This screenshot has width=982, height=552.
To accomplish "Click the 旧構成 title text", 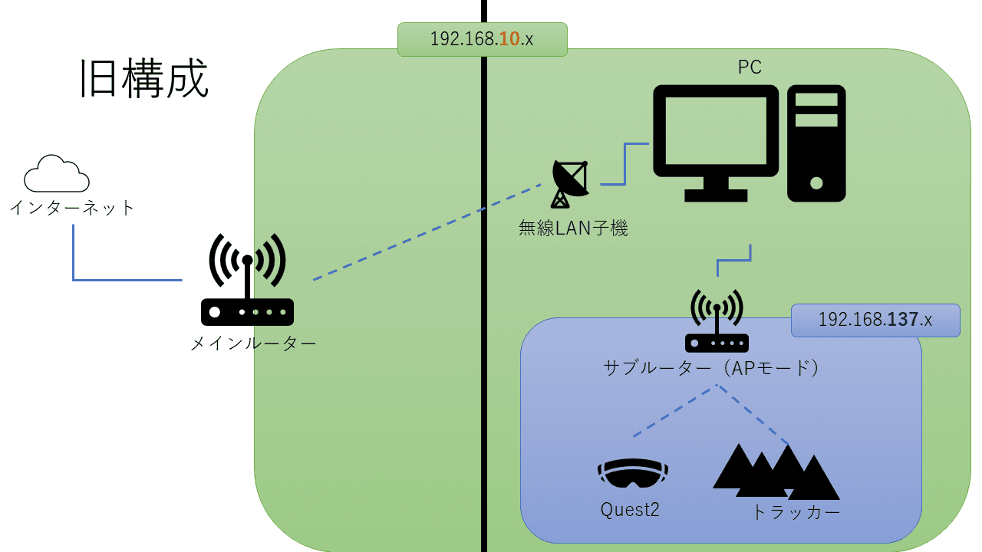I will (144, 79).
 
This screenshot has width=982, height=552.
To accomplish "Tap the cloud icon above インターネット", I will (56, 175).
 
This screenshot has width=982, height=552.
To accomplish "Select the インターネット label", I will (72, 207).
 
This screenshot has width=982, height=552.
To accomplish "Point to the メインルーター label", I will (253, 343).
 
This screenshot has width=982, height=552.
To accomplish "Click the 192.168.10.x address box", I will (482, 39).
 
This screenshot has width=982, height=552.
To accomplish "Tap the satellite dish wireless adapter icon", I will (569, 183).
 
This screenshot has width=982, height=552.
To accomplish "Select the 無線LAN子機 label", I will (574, 228).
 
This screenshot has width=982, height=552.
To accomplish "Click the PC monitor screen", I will (715, 131).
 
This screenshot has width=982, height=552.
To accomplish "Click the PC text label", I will (749, 67).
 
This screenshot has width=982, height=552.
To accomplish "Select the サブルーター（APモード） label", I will (712, 368).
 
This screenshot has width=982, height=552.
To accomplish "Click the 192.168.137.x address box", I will (875, 320).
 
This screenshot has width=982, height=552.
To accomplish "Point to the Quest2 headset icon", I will (633, 473).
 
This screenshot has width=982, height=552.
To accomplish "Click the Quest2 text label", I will (631, 510).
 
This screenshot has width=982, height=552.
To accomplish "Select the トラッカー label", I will (796, 512).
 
